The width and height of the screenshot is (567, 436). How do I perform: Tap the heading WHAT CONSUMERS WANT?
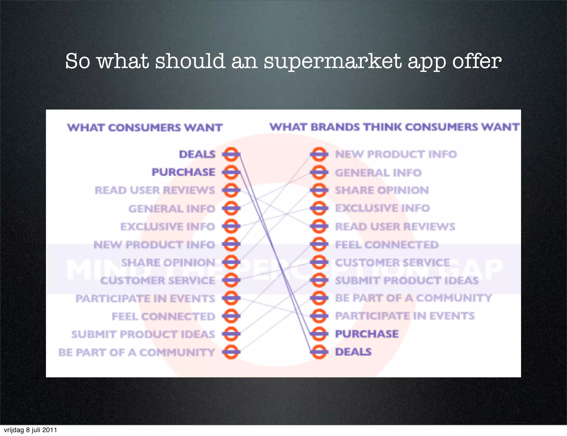pos(145,128)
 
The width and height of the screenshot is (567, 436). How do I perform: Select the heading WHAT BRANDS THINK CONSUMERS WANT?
pos(394,127)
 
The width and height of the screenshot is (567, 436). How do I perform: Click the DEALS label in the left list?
pos(197,154)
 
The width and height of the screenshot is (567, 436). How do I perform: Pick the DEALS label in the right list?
pos(353,352)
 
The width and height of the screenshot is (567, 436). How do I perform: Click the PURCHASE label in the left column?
pos(183,172)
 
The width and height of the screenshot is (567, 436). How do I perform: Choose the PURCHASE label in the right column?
pos(367,334)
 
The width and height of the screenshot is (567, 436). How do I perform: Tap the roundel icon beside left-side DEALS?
pos(231,154)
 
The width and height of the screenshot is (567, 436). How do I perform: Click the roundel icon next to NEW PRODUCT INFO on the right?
pos(319,154)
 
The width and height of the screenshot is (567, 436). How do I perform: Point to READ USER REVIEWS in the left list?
pos(155,190)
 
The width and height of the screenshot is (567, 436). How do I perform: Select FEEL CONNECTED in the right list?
pos(387,245)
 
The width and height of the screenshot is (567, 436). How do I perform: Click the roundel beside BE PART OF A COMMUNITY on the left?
pos(231,352)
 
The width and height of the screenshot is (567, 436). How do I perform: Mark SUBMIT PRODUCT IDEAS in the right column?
pos(407,280)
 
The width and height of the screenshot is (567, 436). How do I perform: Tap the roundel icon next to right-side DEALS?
pos(319,352)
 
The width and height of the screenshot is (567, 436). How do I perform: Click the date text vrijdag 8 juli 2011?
pos(30,430)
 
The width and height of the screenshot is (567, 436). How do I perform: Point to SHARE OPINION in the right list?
pos(382,190)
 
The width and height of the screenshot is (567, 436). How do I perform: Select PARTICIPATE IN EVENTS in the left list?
pos(145,299)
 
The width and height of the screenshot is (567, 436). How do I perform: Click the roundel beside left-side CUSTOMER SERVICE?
pos(231,280)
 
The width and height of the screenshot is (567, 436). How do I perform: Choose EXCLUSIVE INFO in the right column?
pos(382,208)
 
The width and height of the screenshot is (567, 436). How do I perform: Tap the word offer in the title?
pos(477,61)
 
